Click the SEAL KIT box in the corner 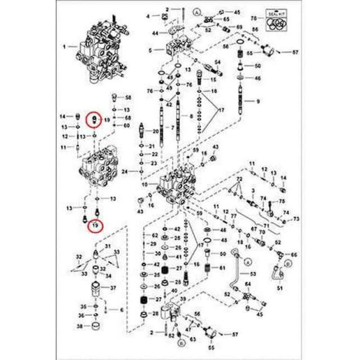click(275, 20)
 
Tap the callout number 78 click(253, 18)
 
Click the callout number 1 click(64, 46)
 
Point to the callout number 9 click(258, 102)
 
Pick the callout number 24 click(125, 171)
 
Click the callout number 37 click(113, 288)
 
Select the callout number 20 click(156, 131)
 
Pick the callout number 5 click(151, 49)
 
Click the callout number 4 click(147, 17)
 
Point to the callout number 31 click(108, 246)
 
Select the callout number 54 click(216, 62)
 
